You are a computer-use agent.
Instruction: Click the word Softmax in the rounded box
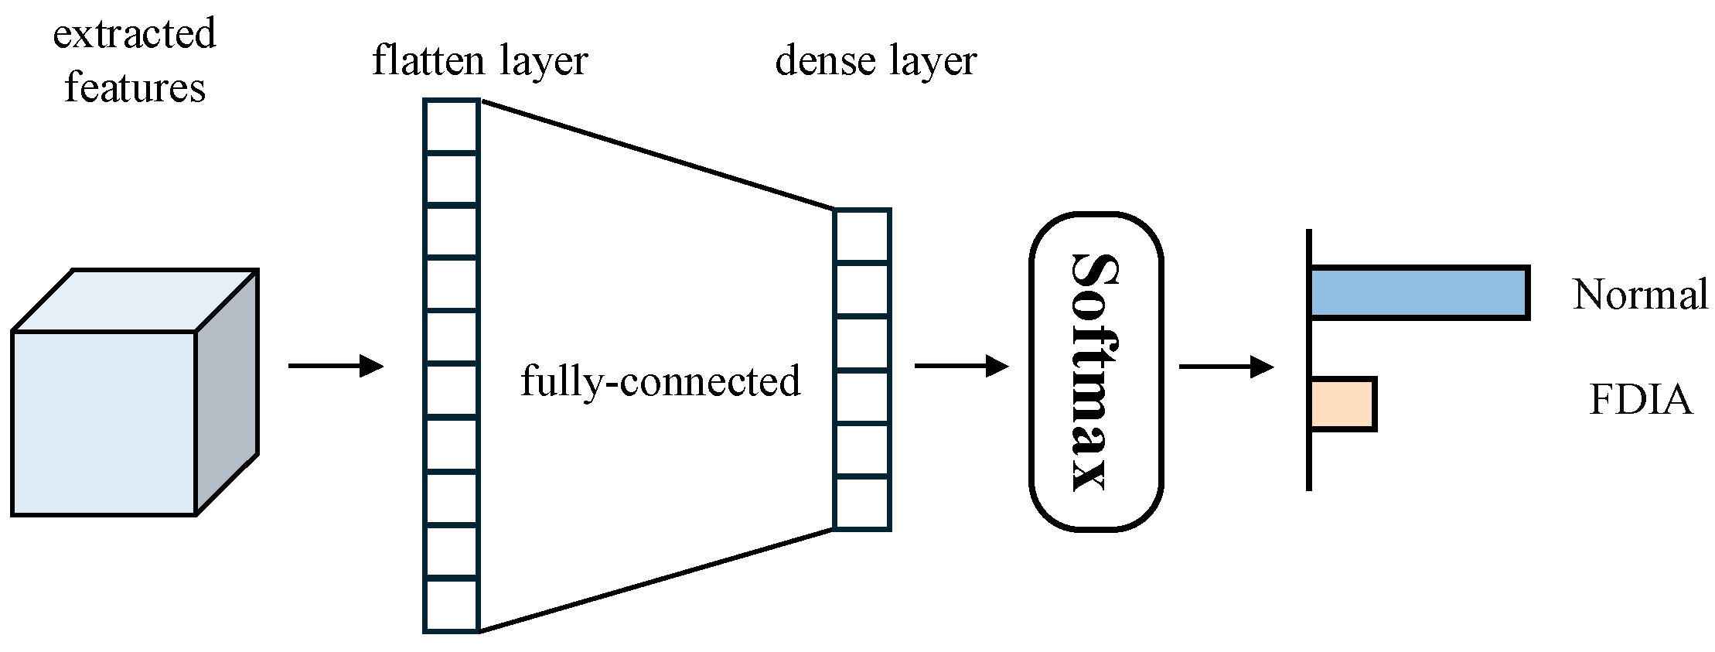point(1096,371)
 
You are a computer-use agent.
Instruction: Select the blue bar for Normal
point(1420,292)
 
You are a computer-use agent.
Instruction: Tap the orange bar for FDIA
point(1343,404)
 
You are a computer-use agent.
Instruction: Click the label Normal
point(1640,295)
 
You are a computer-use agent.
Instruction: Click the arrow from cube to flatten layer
point(336,366)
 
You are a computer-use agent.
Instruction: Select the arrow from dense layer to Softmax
point(961,366)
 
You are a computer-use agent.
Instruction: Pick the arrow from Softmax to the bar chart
point(1226,366)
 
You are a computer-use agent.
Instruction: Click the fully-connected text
point(660,381)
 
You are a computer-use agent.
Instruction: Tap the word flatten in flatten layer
point(428,60)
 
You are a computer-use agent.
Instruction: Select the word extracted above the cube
point(135,34)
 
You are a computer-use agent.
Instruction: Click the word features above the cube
point(135,87)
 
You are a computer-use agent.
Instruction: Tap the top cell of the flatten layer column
point(452,126)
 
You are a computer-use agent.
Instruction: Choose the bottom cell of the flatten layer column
point(452,606)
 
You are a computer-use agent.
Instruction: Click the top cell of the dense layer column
point(861,236)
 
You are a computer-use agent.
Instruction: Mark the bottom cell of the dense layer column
point(861,503)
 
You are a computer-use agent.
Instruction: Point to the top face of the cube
point(135,300)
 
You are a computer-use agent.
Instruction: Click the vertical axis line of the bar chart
point(1308,360)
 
